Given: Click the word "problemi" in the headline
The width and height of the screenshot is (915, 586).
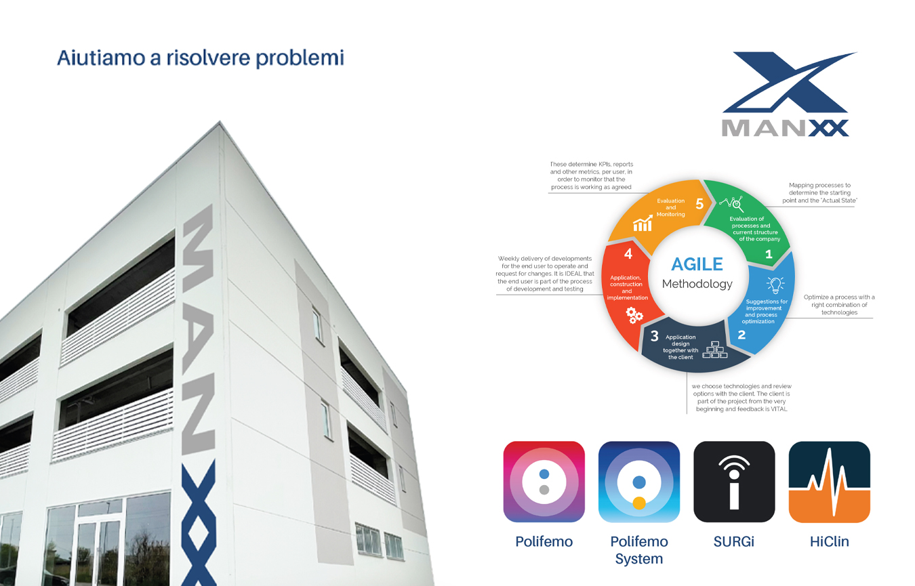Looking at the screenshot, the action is point(300,58).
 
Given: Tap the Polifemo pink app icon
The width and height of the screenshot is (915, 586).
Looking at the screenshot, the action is point(544,482).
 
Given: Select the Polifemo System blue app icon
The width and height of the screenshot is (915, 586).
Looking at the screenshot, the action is point(639,482).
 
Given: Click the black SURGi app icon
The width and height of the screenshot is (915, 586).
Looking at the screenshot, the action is point(734,482).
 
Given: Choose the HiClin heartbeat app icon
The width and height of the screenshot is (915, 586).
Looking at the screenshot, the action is point(829,482).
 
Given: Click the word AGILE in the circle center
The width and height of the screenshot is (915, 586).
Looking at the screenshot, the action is point(697,264).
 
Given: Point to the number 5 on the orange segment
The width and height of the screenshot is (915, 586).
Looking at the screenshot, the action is point(699,204).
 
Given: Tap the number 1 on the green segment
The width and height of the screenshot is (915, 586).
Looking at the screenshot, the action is point(769,255).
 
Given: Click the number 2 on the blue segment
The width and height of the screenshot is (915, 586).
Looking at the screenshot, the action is point(741,335).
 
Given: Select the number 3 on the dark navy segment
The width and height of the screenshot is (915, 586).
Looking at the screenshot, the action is point(654,336).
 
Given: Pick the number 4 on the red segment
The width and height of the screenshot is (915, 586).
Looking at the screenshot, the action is point(628,254).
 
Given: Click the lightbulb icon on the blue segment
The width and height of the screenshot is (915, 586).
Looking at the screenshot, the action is point(775,285).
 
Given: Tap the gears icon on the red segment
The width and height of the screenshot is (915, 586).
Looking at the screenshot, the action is point(634,316).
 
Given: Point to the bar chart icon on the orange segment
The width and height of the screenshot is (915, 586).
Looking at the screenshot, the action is point(643,224).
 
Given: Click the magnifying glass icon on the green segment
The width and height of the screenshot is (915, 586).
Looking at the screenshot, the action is point(731,203).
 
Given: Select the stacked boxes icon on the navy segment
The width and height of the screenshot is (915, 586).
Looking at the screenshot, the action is point(714,350).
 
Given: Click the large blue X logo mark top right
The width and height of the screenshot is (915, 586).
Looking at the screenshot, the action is point(789,82).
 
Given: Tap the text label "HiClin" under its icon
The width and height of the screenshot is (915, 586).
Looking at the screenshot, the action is point(829,541).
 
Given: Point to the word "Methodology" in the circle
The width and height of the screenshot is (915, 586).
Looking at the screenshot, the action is point(697,284).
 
